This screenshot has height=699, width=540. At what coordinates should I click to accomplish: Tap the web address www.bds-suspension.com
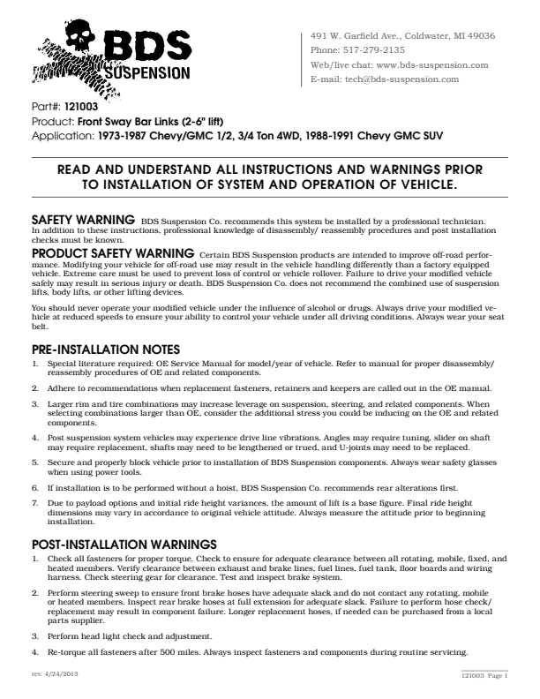[x=432, y=64]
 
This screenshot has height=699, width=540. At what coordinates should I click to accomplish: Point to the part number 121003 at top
[x=81, y=106]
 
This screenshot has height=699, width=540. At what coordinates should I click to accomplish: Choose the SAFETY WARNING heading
[x=83, y=218]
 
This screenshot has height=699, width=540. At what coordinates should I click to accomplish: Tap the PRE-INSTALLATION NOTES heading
[x=106, y=349]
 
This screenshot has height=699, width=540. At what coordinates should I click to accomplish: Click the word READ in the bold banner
[x=78, y=170]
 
